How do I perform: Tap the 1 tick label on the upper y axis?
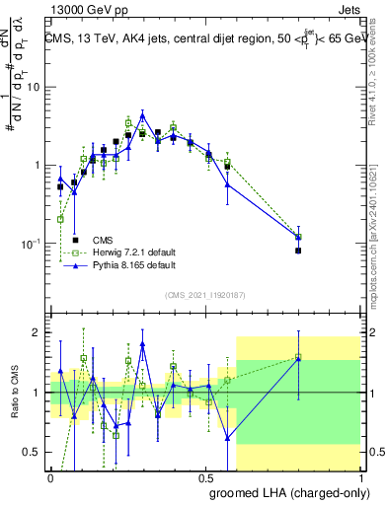[x=39, y=165]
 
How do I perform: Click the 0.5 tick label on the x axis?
[x=205, y=476]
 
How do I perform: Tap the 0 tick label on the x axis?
[x=50, y=476]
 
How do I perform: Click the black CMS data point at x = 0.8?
[x=298, y=251]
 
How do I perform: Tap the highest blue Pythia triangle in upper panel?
[x=142, y=116]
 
